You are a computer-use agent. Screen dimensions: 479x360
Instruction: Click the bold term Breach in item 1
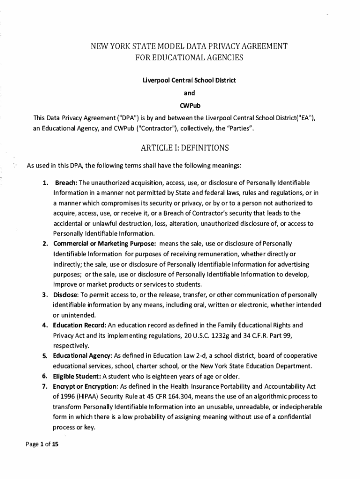[x=66, y=182]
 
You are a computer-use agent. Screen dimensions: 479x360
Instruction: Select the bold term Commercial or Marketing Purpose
[x=104, y=244]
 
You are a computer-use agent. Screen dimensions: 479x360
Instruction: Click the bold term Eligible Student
[x=77, y=376]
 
